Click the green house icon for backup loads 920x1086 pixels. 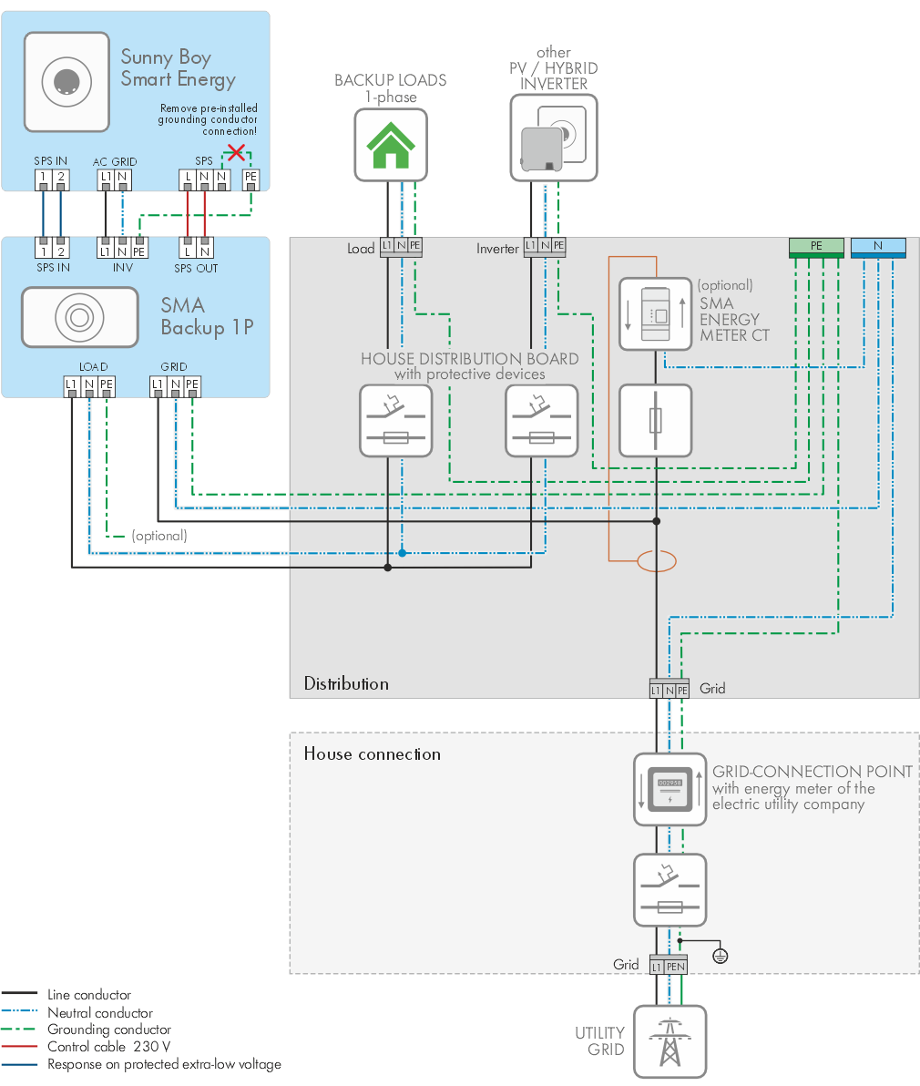(x=391, y=145)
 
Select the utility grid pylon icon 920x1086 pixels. (x=670, y=1042)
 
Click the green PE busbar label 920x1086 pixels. (x=816, y=246)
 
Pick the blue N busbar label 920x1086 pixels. (x=878, y=246)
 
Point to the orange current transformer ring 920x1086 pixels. (x=656, y=561)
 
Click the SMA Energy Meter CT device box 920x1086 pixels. (x=656, y=314)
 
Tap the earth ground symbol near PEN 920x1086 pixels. (x=721, y=956)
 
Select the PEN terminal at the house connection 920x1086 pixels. (x=675, y=966)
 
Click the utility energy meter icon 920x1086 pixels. (x=670, y=790)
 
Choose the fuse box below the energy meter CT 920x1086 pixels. (x=656, y=420)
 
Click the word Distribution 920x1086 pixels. (x=346, y=684)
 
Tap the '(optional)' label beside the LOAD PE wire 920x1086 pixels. (x=159, y=536)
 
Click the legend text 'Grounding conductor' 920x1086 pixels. (x=109, y=1030)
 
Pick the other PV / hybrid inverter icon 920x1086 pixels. (x=554, y=138)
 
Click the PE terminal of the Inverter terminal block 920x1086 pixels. (x=559, y=246)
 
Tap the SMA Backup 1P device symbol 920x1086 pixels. (x=79, y=317)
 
